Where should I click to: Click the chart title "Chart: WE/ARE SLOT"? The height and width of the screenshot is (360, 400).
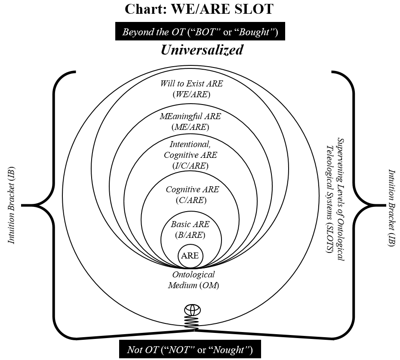[199, 9]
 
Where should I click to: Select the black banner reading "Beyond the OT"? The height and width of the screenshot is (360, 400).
[200, 32]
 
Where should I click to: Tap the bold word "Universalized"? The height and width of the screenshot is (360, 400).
[202, 50]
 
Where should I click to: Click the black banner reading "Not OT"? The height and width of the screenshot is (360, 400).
[190, 350]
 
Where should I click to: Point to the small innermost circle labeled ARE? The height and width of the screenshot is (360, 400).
[190, 255]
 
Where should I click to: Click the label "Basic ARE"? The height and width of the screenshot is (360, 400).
[190, 225]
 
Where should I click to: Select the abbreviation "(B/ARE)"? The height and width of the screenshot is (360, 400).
[190, 235]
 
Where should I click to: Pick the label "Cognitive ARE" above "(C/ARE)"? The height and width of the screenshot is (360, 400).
[192, 190]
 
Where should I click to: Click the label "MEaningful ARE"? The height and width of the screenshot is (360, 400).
[190, 117]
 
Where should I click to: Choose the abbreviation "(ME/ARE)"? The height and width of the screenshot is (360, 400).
[190, 127]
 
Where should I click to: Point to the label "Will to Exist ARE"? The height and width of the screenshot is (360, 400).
[191, 84]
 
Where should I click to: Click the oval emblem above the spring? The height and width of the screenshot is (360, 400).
[193, 311]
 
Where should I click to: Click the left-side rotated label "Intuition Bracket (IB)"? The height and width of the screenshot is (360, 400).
[12, 204]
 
